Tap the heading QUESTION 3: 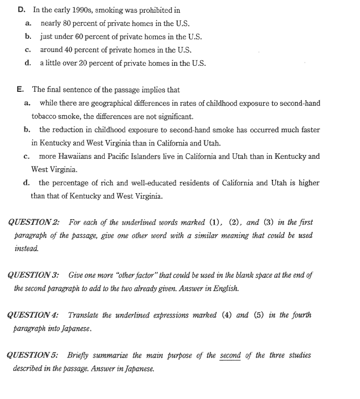pos(34,275)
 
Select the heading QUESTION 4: pos(34,315)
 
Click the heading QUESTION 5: pos(34,355)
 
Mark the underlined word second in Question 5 pos(230,355)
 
